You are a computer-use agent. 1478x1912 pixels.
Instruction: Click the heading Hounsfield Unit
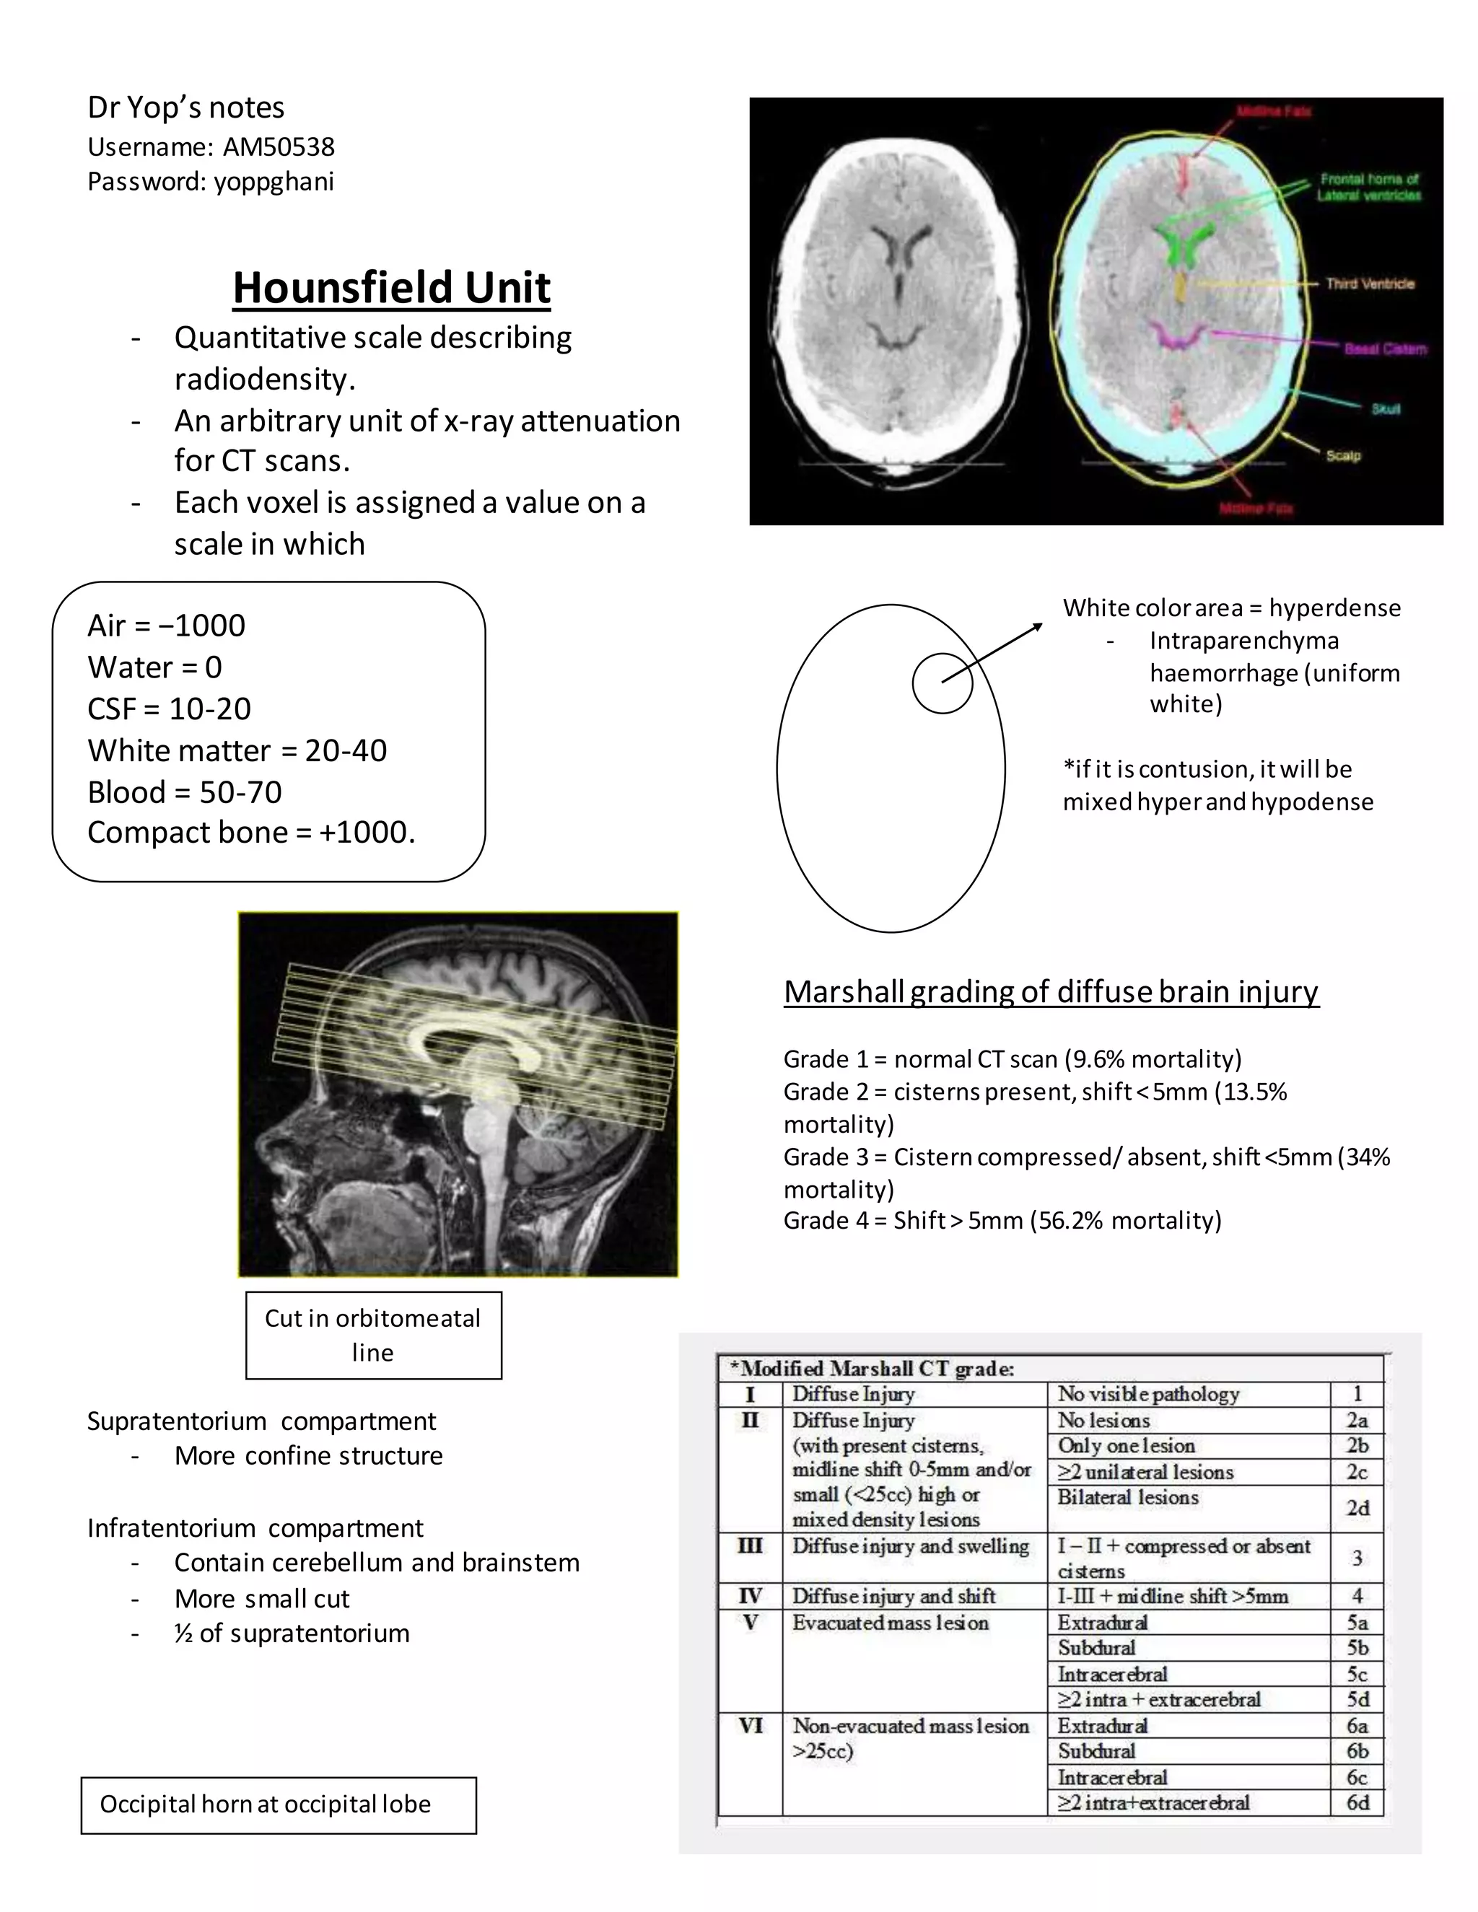click(x=391, y=288)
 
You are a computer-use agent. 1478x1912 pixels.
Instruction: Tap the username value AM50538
click(x=279, y=147)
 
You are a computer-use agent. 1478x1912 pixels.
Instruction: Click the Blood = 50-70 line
click(x=185, y=792)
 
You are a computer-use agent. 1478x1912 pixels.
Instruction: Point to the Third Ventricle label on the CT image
click(x=1370, y=284)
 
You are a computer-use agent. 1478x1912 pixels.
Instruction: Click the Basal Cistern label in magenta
click(x=1385, y=349)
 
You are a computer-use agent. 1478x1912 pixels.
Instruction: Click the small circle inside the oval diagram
click(x=942, y=683)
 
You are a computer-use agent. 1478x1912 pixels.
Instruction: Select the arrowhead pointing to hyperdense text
click(x=1038, y=626)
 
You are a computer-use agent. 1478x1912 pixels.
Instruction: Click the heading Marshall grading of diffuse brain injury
click(x=1051, y=992)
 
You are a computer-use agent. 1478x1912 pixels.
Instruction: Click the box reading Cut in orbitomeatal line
click(x=373, y=1335)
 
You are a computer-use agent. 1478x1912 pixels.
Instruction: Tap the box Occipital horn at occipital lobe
click(x=279, y=1804)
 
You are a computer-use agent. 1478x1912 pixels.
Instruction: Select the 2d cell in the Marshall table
click(x=1357, y=1509)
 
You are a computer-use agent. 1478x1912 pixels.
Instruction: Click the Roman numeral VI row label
click(x=751, y=1726)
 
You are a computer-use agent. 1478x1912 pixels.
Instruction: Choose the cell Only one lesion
click(x=1126, y=1445)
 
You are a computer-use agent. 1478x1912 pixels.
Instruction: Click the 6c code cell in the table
click(x=1357, y=1777)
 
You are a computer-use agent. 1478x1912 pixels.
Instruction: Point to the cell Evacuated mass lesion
click(x=891, y=1622)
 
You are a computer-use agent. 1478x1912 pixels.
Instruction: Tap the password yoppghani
click(x=274, y=182)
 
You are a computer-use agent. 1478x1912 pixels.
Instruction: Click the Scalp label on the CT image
click(x=1343, y=456)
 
